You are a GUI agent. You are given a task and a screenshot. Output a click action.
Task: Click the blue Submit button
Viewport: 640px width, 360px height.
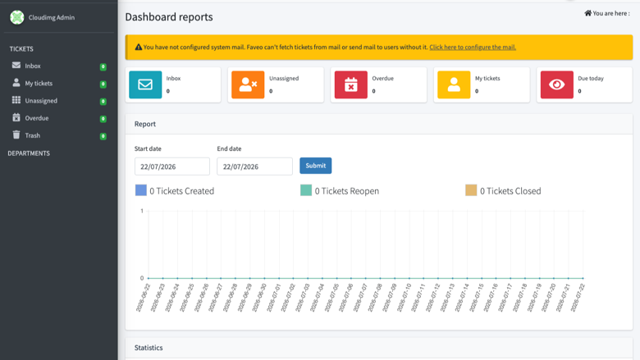coord(316,166)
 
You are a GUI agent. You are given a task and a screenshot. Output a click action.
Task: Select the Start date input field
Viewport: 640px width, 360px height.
coord(171,166)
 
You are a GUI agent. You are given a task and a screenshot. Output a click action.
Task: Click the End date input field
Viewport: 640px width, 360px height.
coord(254,166)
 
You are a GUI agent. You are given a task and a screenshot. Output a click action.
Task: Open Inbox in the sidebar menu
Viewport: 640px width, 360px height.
coord(33,66)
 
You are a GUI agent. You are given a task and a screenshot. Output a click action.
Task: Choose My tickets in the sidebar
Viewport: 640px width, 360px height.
coord(39,83)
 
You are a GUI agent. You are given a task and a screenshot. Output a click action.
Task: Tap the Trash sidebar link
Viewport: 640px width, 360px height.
coord(32,135)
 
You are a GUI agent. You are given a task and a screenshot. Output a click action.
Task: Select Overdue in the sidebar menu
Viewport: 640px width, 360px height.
coord(37,118)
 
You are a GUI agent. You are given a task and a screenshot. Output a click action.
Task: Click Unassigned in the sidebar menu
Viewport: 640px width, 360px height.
coord(41,100)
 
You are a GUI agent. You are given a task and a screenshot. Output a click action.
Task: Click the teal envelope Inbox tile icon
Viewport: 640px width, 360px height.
coord(145,84)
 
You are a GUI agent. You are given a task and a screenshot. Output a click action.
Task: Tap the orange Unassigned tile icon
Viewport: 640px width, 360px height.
coord(248,84)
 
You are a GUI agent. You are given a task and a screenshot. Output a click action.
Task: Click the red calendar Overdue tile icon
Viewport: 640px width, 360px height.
coord(351,84)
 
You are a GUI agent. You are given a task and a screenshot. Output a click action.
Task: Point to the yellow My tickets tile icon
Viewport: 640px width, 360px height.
coord(454,84)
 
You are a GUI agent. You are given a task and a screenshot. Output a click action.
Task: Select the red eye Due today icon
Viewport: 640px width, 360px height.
coord(557,84)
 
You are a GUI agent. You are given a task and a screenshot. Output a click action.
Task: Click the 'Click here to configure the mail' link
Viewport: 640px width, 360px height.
coord(473,47)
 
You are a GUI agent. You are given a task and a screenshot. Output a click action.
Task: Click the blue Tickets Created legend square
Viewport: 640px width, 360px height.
coord(141,190)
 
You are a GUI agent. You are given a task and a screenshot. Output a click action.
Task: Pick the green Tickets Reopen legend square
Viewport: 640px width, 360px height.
coord(306,190)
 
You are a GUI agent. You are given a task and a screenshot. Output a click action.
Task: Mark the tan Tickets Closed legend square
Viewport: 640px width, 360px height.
coord(471,190)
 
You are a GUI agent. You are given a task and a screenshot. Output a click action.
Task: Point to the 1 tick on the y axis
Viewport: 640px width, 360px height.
coord(142,211)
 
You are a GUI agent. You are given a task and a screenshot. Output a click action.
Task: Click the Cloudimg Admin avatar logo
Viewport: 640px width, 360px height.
coord(17,17)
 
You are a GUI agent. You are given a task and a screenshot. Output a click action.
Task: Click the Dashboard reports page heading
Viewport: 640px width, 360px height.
coord(169,16)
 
